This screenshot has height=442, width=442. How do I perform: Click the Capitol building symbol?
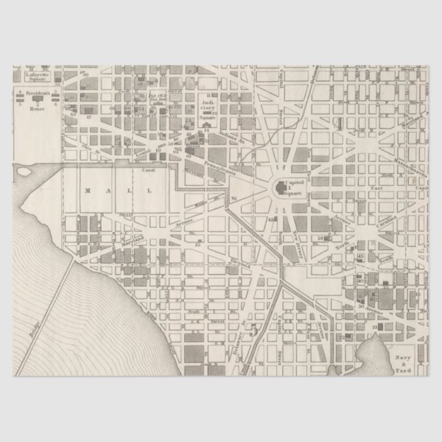tap(281, 187)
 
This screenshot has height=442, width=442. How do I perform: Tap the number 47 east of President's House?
tap(89, 118)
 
